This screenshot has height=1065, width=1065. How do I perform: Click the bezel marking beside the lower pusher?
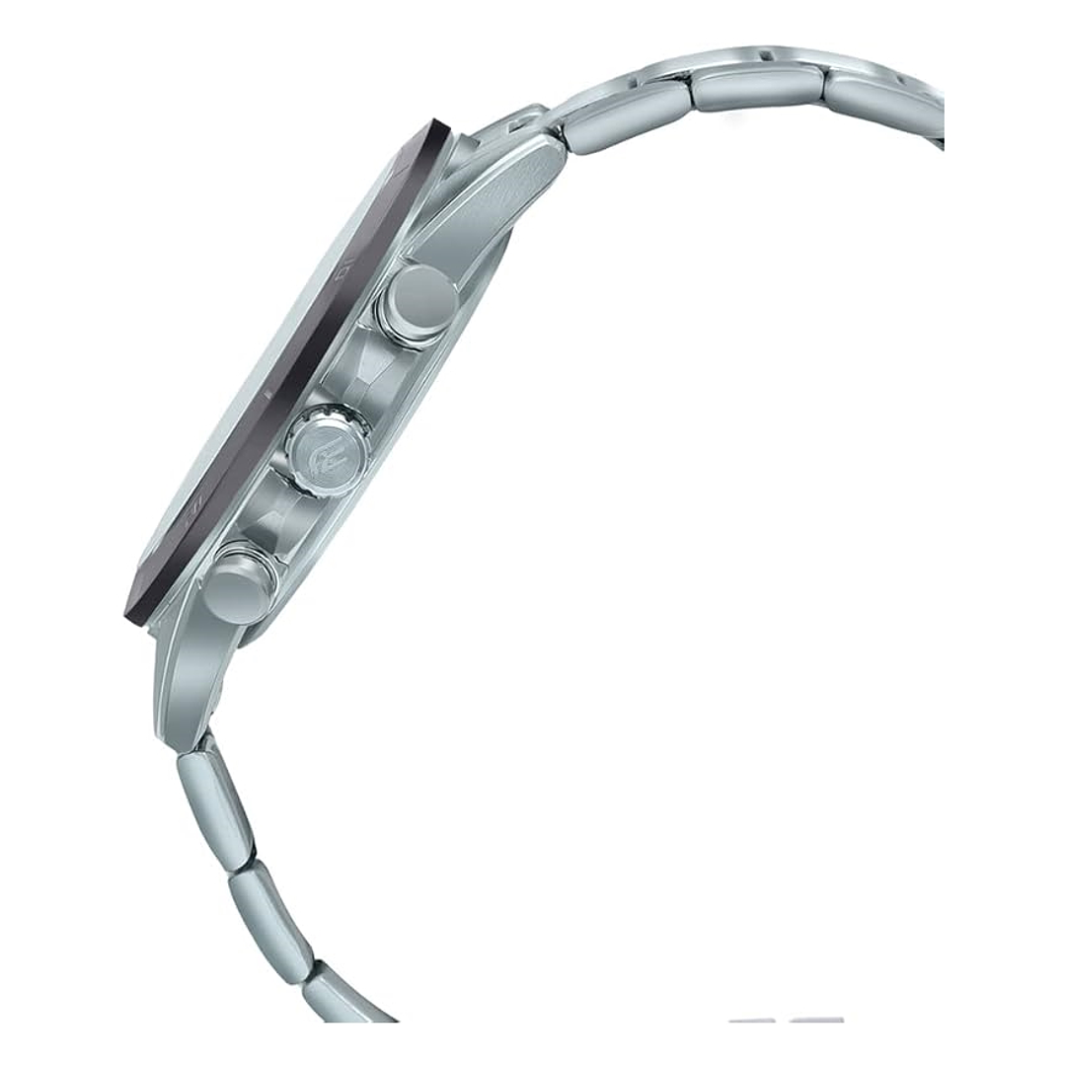[193, 513]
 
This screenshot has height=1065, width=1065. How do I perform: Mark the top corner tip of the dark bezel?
[438, 125]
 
